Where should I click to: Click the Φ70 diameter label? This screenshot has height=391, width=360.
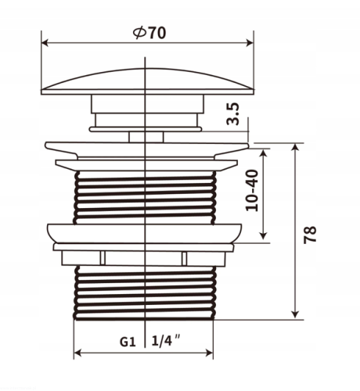[149, 33]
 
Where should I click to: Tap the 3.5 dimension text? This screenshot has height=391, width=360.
[232, 114]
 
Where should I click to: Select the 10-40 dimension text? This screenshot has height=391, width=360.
[252, 190]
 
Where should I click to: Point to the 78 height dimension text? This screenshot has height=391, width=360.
[310, 235]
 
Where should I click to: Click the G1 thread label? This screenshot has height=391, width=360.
[128, 342]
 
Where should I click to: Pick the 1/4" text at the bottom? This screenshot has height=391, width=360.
[166, 340]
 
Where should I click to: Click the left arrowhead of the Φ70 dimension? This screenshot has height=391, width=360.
[45, 43]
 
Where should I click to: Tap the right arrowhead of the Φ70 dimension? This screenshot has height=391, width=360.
[250, 43]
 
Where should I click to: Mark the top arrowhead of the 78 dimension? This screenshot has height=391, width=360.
[295, 148]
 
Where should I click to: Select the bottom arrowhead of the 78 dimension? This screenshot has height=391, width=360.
[295, 314]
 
